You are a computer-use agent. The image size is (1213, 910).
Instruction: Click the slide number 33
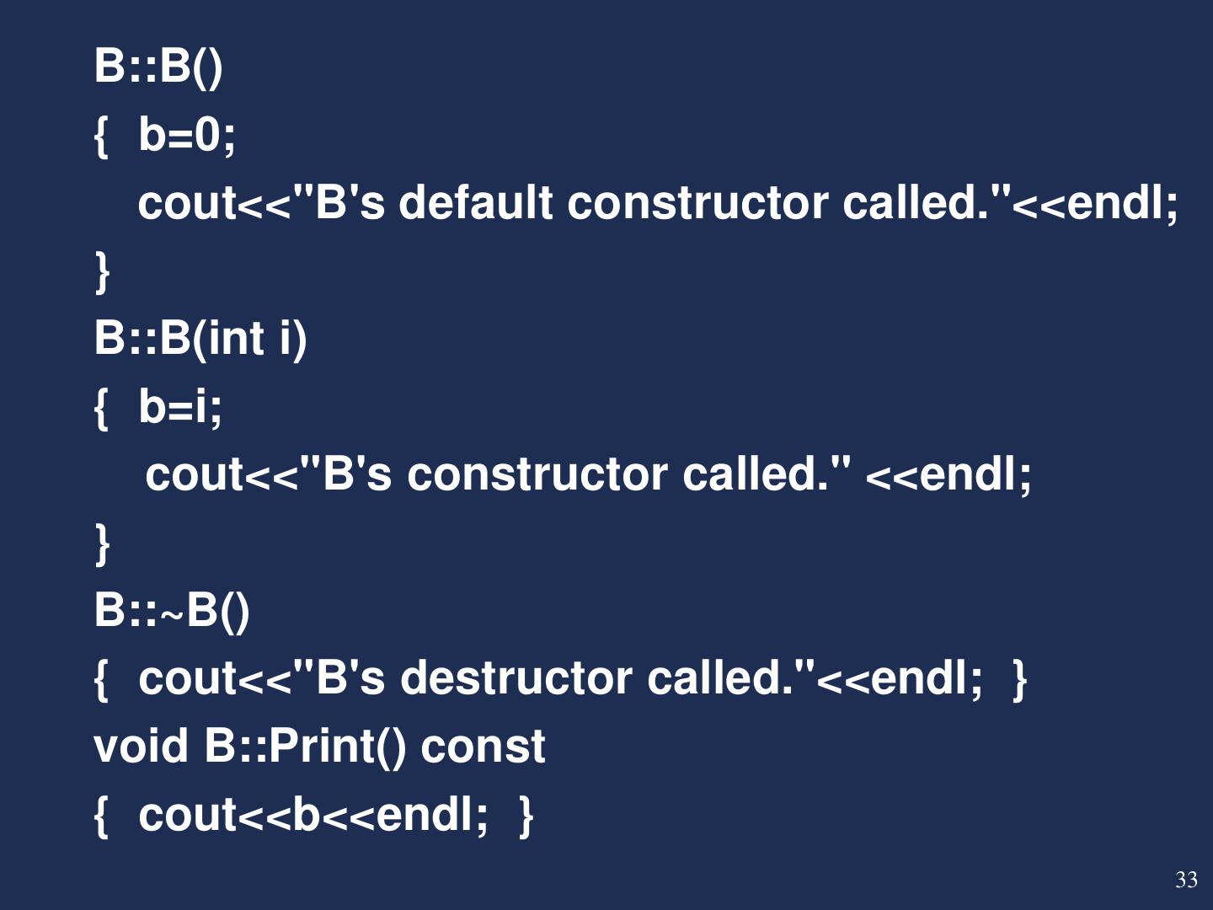1186,881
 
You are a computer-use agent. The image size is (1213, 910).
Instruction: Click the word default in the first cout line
475,203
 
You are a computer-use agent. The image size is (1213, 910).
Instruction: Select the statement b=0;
187,135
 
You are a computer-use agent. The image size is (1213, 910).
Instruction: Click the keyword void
141,747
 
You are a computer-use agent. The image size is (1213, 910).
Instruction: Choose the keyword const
483,747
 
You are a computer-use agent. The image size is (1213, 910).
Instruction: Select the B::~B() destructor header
172,610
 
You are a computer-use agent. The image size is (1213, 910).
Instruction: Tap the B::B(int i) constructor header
200,339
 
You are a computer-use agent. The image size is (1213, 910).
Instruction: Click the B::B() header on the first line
158,66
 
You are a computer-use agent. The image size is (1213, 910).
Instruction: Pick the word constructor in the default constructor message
697,203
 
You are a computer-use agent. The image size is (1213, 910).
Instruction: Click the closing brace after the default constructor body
103,271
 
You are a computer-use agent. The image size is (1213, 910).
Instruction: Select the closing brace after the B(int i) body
103,543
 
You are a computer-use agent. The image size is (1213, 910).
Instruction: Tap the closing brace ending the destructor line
1019,679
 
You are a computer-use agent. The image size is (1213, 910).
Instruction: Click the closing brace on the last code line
526,815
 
